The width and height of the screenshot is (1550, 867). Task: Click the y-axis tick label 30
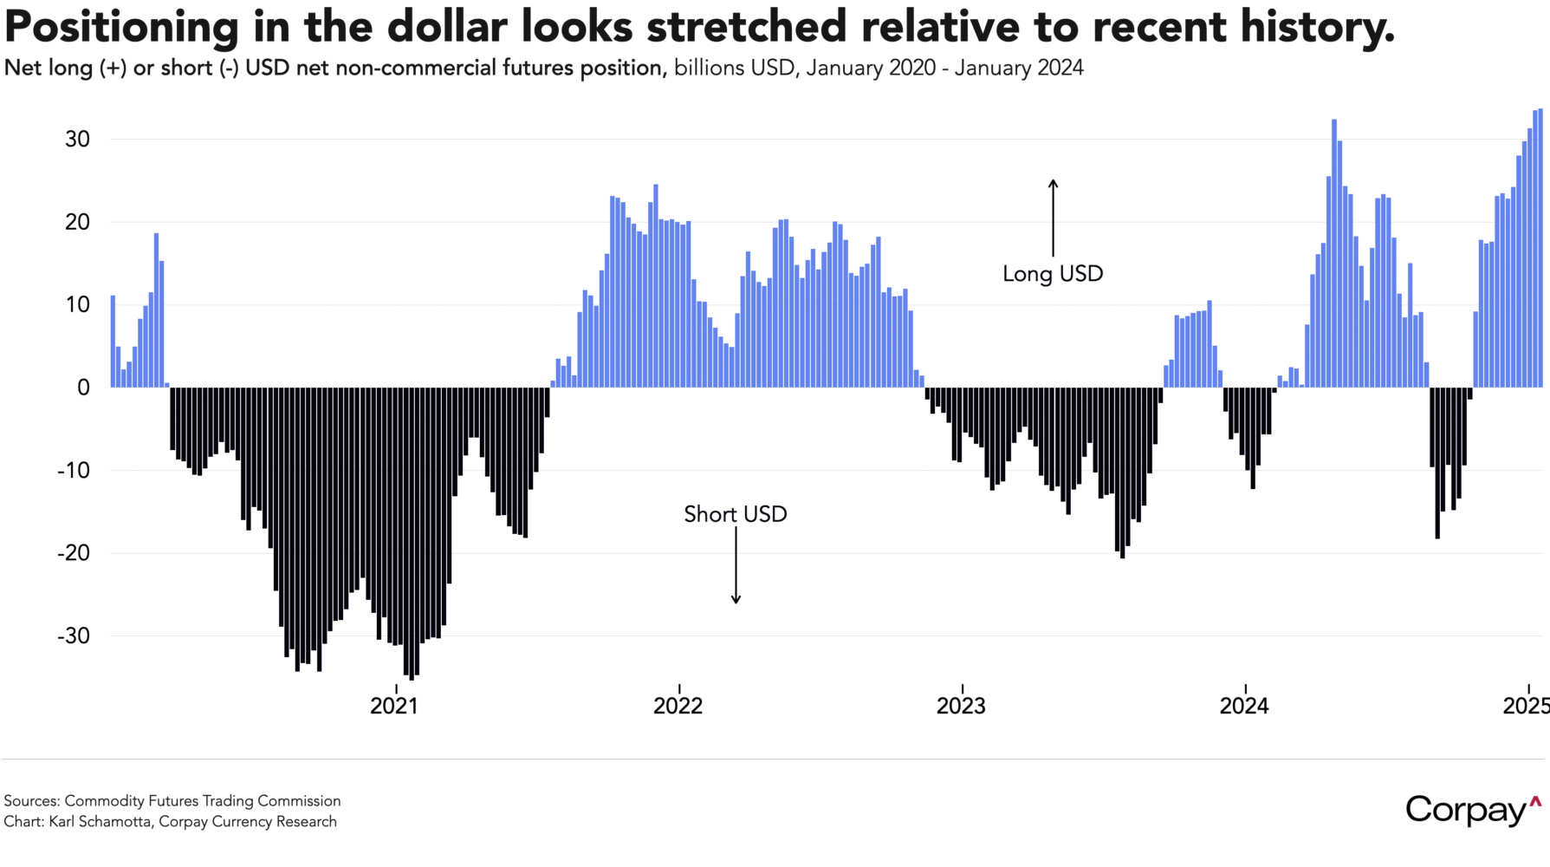(x=77, y=140)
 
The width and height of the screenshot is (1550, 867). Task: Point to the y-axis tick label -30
(x=74, y=636)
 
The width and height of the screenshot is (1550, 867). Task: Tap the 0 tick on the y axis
(x=83, y=388)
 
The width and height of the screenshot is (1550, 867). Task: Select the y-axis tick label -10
(x=74, y=471)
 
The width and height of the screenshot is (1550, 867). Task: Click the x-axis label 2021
(x=394, y=706)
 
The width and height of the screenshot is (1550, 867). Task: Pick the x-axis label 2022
(x=678, y=706)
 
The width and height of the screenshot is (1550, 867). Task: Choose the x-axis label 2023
(x=961, y=706)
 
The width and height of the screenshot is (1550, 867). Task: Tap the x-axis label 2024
(x=1244, y=706)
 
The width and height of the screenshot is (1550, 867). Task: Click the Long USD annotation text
(x=1053, y=274)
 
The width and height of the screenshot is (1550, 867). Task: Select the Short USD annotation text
(x=736, y=514)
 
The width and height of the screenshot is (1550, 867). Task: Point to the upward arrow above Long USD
(x=1053, y=217)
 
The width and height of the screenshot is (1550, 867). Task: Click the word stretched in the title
(x=746, y=27)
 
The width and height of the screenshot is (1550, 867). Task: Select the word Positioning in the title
(x=121, y=27)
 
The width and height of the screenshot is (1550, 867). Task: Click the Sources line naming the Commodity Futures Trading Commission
(x=172, y=801)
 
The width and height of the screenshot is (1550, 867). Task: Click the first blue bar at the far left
(x=113, y=342)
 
